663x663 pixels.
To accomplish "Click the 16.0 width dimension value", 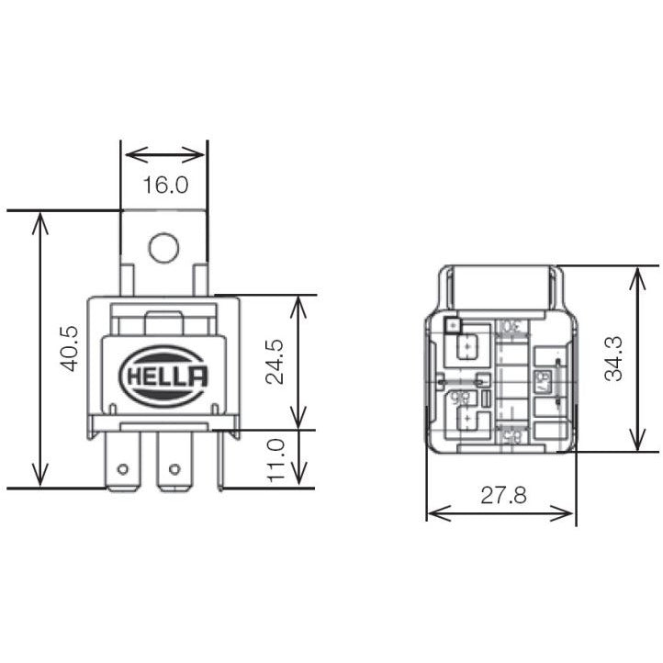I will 164,185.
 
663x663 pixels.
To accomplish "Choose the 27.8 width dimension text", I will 501,496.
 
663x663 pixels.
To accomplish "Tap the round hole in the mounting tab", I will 164,246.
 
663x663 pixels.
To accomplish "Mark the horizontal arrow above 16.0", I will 164,154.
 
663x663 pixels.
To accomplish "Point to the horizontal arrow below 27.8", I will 501,513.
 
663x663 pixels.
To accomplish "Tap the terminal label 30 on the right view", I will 507,327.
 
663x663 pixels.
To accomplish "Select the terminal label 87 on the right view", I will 542,379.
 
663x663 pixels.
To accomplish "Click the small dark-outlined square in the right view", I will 451,324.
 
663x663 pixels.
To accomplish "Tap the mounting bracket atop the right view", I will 501,285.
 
